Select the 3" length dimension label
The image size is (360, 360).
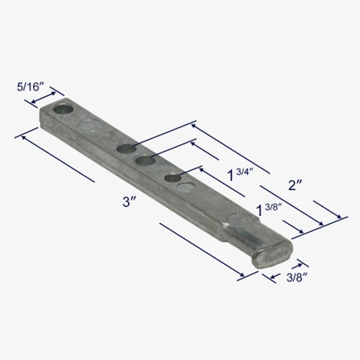[130, 202]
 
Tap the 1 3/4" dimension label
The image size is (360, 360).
[241, 174]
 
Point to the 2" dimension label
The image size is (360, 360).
[296, 186]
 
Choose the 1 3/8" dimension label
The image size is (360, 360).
[269, 210]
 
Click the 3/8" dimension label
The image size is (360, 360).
[296, 277]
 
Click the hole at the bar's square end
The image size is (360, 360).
[63, 109]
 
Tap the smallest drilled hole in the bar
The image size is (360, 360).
[173, 178]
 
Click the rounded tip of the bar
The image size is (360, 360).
[273, 256]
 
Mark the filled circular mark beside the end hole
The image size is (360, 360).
[89, 125]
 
